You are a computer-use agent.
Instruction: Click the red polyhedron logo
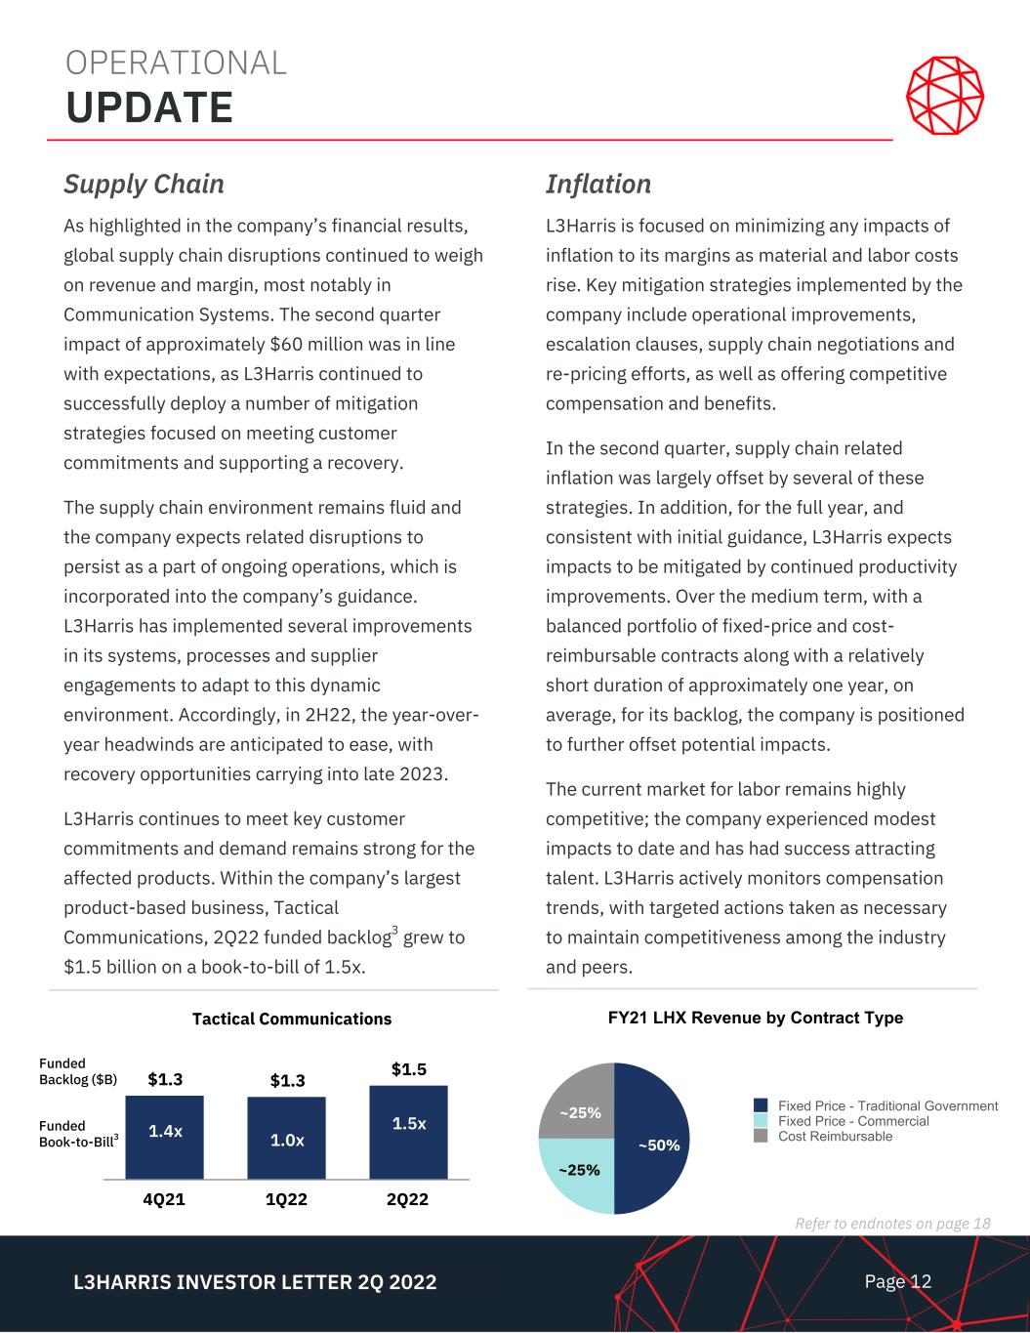click(x=944, y=97)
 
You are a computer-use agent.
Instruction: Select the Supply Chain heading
click(x=144, y=184)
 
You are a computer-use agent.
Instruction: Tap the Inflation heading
click(x=597, y=184)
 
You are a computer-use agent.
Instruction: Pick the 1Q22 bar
click(x=286, y=1138)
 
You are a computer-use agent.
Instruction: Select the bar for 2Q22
click(x=408, y=1132)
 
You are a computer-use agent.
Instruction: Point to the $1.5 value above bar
click(x=408, y=1069)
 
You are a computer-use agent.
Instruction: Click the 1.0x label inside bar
click(x=286, y=1140)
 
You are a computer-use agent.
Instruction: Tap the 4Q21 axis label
click(x=165, y=1199)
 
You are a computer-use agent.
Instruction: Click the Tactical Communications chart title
click(x=292, y=1019)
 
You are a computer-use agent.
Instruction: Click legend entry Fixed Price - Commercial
click(x=852, y=1121)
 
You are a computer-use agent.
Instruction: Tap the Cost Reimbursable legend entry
click(x=834, y=1136)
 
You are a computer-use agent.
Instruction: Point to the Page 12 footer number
click(x=898, y=1281)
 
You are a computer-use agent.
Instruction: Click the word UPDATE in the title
click(x=149, y=107)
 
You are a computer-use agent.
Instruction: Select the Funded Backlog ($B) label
click(x=77, y=1071)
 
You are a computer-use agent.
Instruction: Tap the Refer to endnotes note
click(x=892, y=1224)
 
